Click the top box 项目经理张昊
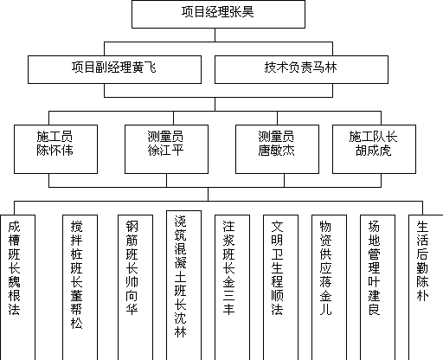coord(218,14)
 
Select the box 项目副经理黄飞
coord(114,69)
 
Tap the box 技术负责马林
coord(301,69)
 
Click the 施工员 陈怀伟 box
coord(55,149)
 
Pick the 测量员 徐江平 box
coord(166,149)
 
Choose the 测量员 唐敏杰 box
coord(277,149)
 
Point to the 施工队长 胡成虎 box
coord(374,149)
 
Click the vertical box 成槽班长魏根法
coord(17,287)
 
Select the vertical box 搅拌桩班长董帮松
coord(80,287)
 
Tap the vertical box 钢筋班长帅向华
coord(135,287)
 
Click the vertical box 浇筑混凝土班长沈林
coord(183,286)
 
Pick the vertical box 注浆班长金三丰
coord(232,287)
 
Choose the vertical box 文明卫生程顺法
coord(280,287)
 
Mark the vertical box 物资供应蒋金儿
coord(329,287)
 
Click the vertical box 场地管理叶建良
coord(377,287)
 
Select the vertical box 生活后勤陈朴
coord(426,287)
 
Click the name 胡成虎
coord(373,151)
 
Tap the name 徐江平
coord(165,151)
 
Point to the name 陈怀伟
coord(55,151)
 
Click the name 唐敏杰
coord(276,151)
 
